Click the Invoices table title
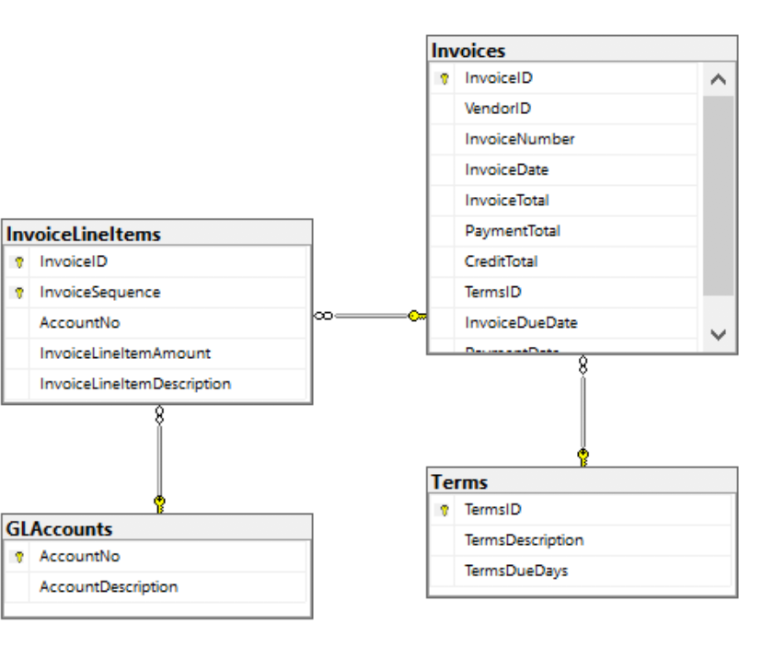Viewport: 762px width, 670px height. coord(468,51)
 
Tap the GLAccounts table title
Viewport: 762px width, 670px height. coord(60,529)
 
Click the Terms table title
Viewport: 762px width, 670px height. coord(459,482)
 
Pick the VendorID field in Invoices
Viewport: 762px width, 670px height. coord(498,109)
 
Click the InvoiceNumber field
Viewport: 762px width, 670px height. coord(519,139)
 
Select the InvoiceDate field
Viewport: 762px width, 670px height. coord(506,169)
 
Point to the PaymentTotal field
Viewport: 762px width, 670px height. coord(512,231)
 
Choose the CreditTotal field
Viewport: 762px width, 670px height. coord(501,261)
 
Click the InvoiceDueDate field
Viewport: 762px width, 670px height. coord(521,323)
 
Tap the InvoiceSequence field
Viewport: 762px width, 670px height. coord(99,292)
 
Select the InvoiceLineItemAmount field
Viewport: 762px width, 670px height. coord(125,353)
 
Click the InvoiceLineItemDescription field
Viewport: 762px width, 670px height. coord(134,384)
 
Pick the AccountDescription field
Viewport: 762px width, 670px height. coord(109,587)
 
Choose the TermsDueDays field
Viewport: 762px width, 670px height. coord(516,571)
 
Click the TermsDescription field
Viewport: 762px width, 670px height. coord(524,540)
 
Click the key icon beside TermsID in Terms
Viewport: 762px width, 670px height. coord(444,510)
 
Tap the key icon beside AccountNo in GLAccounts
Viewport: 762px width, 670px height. coord(18,557)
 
